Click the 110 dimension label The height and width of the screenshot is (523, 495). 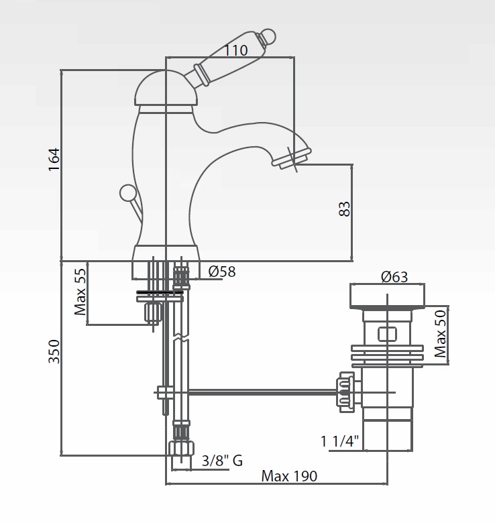point(235,50)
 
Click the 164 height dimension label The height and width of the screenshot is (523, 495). point(54,160)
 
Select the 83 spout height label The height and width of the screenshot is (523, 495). point(344,209)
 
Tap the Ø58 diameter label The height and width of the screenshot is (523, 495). point(222,272)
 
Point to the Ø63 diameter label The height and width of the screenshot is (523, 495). point(394,277)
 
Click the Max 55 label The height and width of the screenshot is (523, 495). point(80,292)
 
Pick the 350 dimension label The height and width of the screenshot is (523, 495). point(54,351)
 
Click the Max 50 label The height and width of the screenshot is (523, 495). point(440,333)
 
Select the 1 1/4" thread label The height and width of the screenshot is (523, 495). point(340,441)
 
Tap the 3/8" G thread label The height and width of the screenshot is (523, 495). point(222,461)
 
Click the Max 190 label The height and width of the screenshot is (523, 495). point(289,476)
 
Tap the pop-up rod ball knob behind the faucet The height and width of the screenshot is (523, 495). point(127,194)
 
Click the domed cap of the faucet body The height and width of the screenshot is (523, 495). point(166,89)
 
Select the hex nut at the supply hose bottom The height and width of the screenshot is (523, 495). point(182,449)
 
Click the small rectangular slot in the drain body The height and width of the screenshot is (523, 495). point(387,334)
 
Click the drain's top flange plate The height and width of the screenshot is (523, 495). point(387,296)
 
